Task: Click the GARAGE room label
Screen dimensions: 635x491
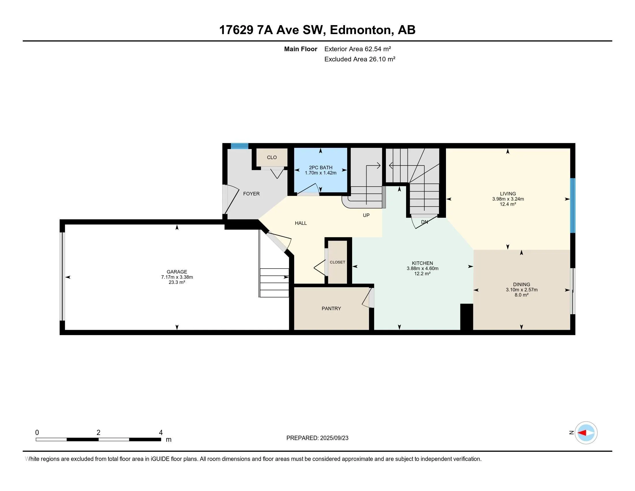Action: (x=177, y=272)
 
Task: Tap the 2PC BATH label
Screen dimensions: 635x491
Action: (x=320, y=168)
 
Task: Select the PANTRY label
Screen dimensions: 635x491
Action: (x=331, y=308)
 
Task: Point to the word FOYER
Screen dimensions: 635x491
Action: (x=251, y=194)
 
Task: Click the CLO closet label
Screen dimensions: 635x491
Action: (x=272, y=157)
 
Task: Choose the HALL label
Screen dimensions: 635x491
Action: (x=301, y=223)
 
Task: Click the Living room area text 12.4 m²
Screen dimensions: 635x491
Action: (x=508, y=204)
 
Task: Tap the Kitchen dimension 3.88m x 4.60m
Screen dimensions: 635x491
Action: (x=423, y=269)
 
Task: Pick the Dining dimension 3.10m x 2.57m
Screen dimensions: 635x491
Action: (x=522, y=290)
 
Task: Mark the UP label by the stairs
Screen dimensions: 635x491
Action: (x=366, y=215)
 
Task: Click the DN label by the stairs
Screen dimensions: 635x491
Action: (x=425, y=222)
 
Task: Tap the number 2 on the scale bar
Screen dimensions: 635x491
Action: (x=98, y=433)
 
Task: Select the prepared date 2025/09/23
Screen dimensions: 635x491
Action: (x=334, y=438)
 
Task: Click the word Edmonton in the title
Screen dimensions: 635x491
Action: (x=361, y=30)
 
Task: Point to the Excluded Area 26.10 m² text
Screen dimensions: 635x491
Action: (x=360, y=59)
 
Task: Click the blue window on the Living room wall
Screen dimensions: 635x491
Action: (x=572, y=206)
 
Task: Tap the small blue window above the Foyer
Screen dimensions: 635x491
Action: (x=240, y=146)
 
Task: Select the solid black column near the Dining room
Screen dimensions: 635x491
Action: (x=467, y=317)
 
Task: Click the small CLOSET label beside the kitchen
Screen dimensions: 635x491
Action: (x=337, y=262)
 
